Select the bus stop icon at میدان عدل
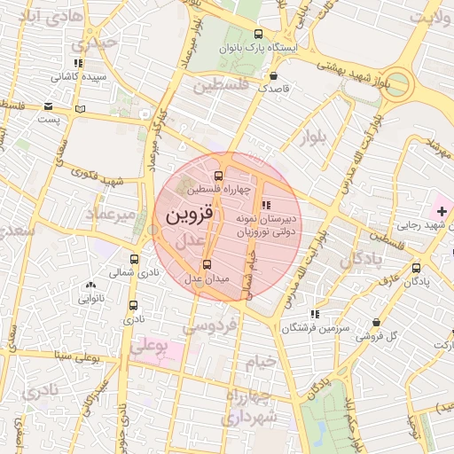[x=207, y=263]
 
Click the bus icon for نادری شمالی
[x=134, y=259]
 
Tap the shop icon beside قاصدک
[x=271, y=75]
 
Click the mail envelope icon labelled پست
[x=46, y=106]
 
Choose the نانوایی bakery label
[x=91, y=299]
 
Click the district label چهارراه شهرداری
[x=250, y=405]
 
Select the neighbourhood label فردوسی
[x=209, y=326]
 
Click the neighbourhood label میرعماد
[x=109, y=215]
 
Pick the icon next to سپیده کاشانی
[x=80, y=63]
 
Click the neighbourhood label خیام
[x=262, y=362]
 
